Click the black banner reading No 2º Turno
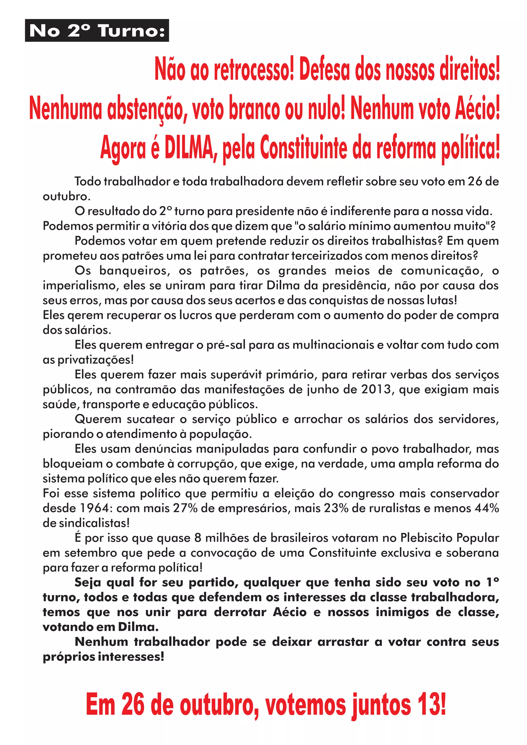click(97, 31)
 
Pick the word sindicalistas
click(91, 523)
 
